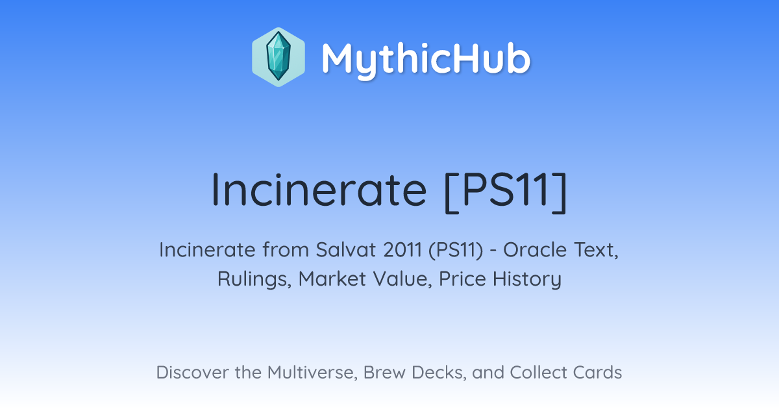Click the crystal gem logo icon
pyautogui.click(x=278, y=57)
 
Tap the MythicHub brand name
pyautogui.click(x=427, y=60)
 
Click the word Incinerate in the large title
pyautogui.click(x=319, y=190)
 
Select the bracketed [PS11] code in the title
pyautogui.click(x=506, y=192)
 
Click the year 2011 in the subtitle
pyautogui.click(x=402, y=250)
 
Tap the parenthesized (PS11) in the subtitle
pyautogui.click(x=456, y=251)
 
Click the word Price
pyautogui.click(x=462, y=279)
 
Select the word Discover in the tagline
pyautogui.click(x=192, y=373)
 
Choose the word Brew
pyautogui.click(x=384, y=373)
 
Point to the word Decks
pyautogui.click(x=439, y=373)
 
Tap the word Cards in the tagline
pyautogui.click(x=597, y=373)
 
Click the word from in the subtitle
pyautogui.click(x=285, y=250)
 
